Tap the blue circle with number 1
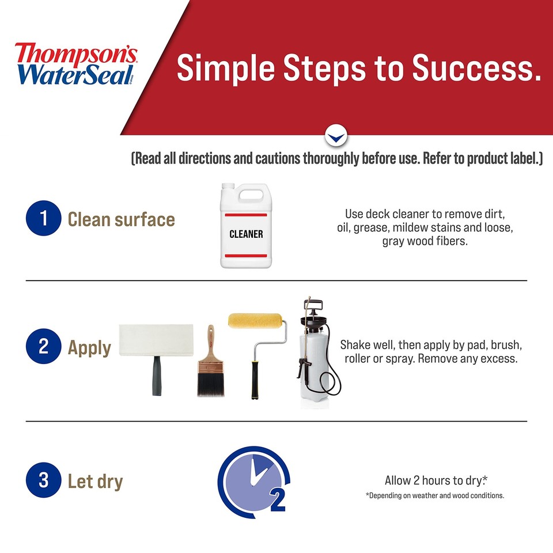[44, 219]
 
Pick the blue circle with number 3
[44, 481]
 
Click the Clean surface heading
[121, 219]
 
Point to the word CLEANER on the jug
[246, 234]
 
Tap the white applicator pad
[157, 340]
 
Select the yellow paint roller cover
[256, 320]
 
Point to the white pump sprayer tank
[315, 369]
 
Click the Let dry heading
[95, 481]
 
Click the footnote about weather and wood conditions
[435, 495]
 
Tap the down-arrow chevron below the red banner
[336, 137]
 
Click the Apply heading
[89, 348]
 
